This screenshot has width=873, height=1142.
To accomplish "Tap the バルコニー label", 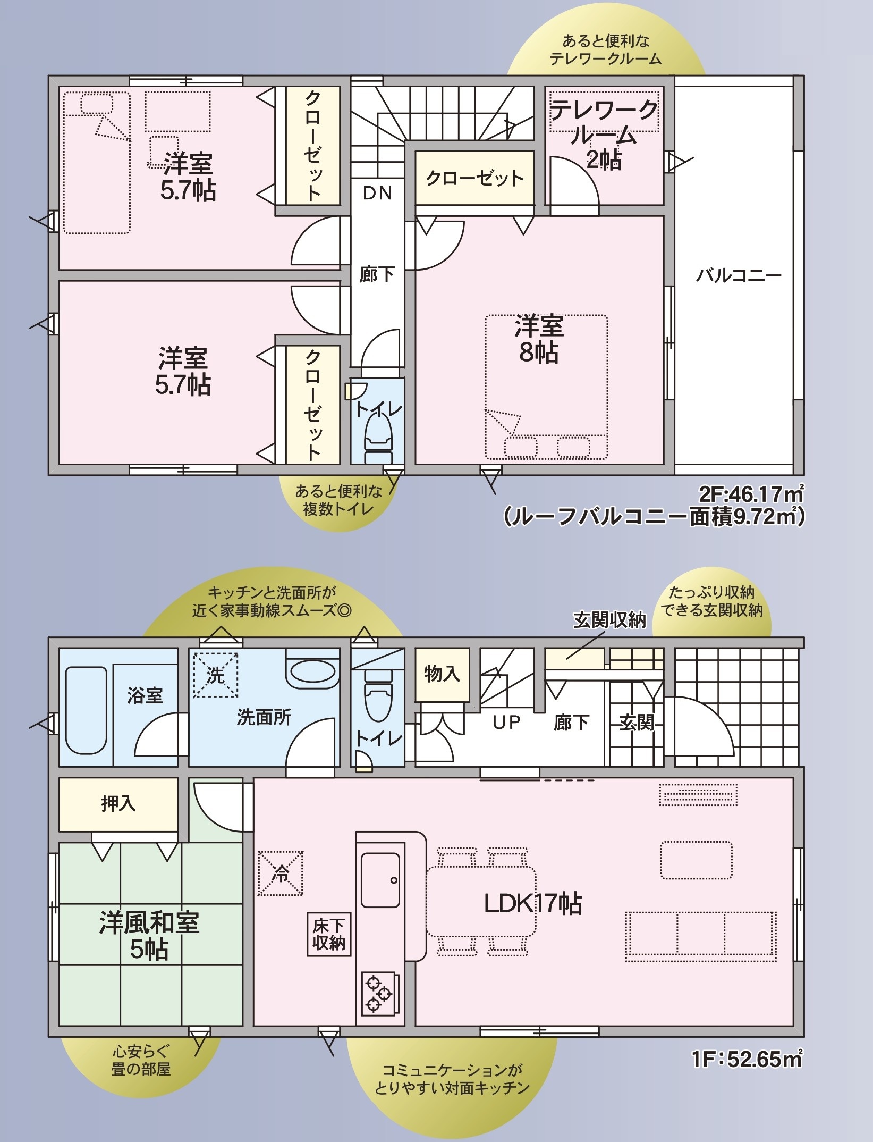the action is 739,275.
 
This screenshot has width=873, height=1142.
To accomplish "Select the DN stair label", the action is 377,193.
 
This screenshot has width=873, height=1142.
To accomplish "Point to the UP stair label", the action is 506,722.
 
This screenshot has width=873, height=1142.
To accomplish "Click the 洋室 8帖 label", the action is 539,339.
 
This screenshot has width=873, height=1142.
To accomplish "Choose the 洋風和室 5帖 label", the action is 149,936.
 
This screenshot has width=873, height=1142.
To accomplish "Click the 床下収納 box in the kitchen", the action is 329,934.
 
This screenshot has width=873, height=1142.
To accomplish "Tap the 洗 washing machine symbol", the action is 215,675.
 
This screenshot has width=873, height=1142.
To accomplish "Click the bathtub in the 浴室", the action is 86,710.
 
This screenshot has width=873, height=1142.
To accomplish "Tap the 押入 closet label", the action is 118,803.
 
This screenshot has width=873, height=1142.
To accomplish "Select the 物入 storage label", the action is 442,674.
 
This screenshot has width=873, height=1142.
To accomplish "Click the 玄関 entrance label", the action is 637,723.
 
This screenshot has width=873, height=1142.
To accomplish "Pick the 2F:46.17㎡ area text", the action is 750,494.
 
